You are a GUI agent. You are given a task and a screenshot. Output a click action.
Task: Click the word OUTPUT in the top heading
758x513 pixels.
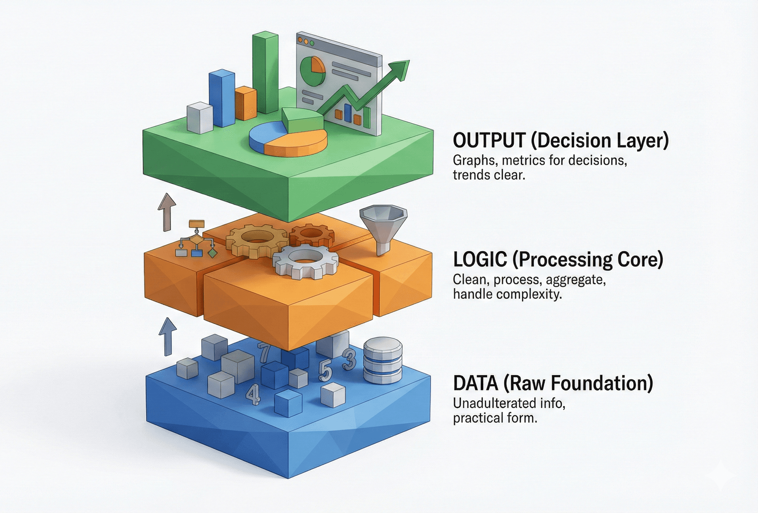489,141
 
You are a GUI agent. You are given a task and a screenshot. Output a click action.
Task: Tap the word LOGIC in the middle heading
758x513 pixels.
480,259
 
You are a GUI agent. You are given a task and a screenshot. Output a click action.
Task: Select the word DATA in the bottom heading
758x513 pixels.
475,383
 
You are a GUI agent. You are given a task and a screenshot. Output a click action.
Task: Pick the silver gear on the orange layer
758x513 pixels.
305,261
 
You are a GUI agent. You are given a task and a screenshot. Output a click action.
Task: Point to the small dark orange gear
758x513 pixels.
312,235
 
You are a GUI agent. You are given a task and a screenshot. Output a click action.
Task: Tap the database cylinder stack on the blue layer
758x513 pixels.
383,360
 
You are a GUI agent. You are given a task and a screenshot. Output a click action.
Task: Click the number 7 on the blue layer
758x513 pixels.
264,353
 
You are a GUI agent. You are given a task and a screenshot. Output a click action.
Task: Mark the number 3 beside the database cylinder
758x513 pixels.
349,359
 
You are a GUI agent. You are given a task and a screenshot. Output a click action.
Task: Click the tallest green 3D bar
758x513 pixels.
265,73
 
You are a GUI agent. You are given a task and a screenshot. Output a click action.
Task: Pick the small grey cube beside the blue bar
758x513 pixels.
200,118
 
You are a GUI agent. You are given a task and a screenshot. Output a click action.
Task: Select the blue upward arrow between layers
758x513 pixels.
168,336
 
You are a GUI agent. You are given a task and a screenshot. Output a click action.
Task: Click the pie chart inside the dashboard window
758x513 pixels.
313,71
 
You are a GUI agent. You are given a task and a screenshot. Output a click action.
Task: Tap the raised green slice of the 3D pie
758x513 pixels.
302,120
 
